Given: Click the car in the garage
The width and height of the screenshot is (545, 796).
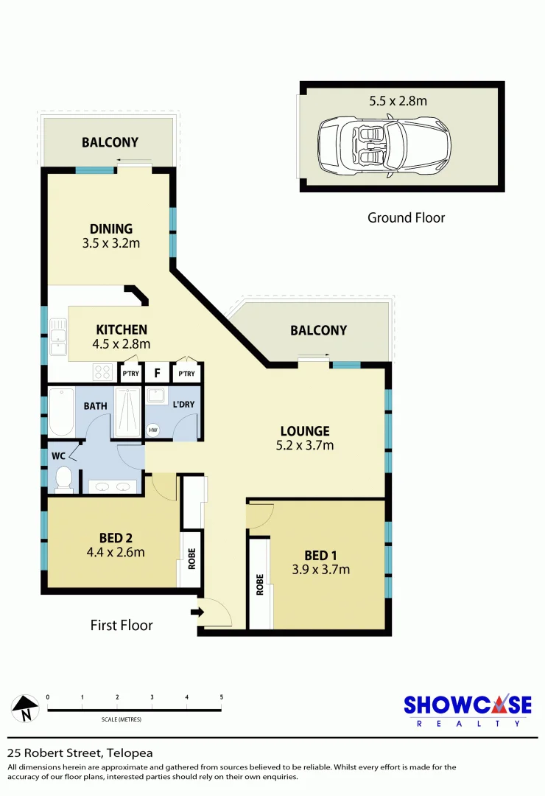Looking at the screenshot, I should [384, 147].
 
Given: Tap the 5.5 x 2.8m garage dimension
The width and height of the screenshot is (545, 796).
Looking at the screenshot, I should [398, 101].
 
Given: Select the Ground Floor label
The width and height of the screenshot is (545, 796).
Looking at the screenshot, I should [406, 217].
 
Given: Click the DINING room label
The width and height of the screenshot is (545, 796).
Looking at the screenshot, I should [111, 228].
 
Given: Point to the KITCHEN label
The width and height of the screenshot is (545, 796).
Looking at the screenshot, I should [122, 329].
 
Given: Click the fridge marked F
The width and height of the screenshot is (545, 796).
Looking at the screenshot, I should [157, 373].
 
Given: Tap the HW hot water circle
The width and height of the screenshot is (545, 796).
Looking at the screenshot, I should [154, 430].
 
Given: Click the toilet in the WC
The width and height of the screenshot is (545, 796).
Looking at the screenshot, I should [64, 478].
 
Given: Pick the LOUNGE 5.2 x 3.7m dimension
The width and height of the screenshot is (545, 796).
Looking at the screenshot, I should [304, 445].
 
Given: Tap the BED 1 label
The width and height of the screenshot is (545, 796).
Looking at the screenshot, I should [322, 554].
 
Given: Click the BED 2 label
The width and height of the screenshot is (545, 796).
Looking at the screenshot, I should [116, 537].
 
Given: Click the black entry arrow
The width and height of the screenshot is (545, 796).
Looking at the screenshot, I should [197, 611].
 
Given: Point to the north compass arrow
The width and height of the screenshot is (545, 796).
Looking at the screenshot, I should [25, 708].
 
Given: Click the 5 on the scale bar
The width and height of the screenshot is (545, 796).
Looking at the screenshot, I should [221, 696].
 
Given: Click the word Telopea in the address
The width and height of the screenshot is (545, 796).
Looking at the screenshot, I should [130, 753].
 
